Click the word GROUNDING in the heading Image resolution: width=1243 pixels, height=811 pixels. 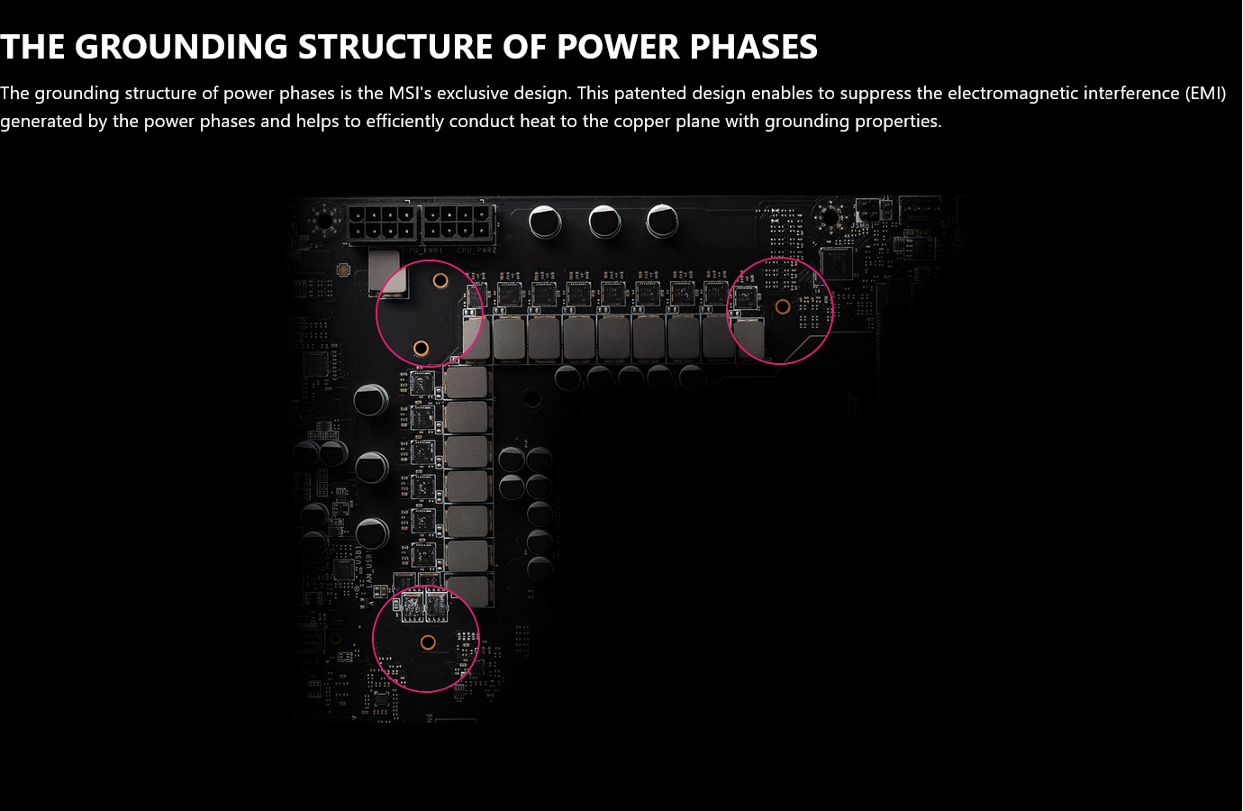coord(181,47)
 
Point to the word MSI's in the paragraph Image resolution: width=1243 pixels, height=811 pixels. coord(410,93)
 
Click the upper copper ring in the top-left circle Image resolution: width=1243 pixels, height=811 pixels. coord(440,280)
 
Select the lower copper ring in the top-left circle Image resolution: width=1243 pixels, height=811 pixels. coord(421,348)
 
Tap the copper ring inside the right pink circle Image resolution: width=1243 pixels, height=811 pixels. coord(783,306)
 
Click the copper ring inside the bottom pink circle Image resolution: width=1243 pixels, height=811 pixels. coord(428,642)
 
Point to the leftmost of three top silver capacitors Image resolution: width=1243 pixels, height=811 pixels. coord(545,220)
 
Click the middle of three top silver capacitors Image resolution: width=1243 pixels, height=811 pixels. coord(604,220)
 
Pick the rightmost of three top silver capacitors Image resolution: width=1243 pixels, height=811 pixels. coord(662,220)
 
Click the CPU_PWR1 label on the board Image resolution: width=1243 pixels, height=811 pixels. coord(423,250)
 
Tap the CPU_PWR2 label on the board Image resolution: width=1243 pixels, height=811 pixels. coord(477,250)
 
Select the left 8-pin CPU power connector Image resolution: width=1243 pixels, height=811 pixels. coord(382,223)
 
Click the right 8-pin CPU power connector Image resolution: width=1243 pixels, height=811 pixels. coord(458,223)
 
